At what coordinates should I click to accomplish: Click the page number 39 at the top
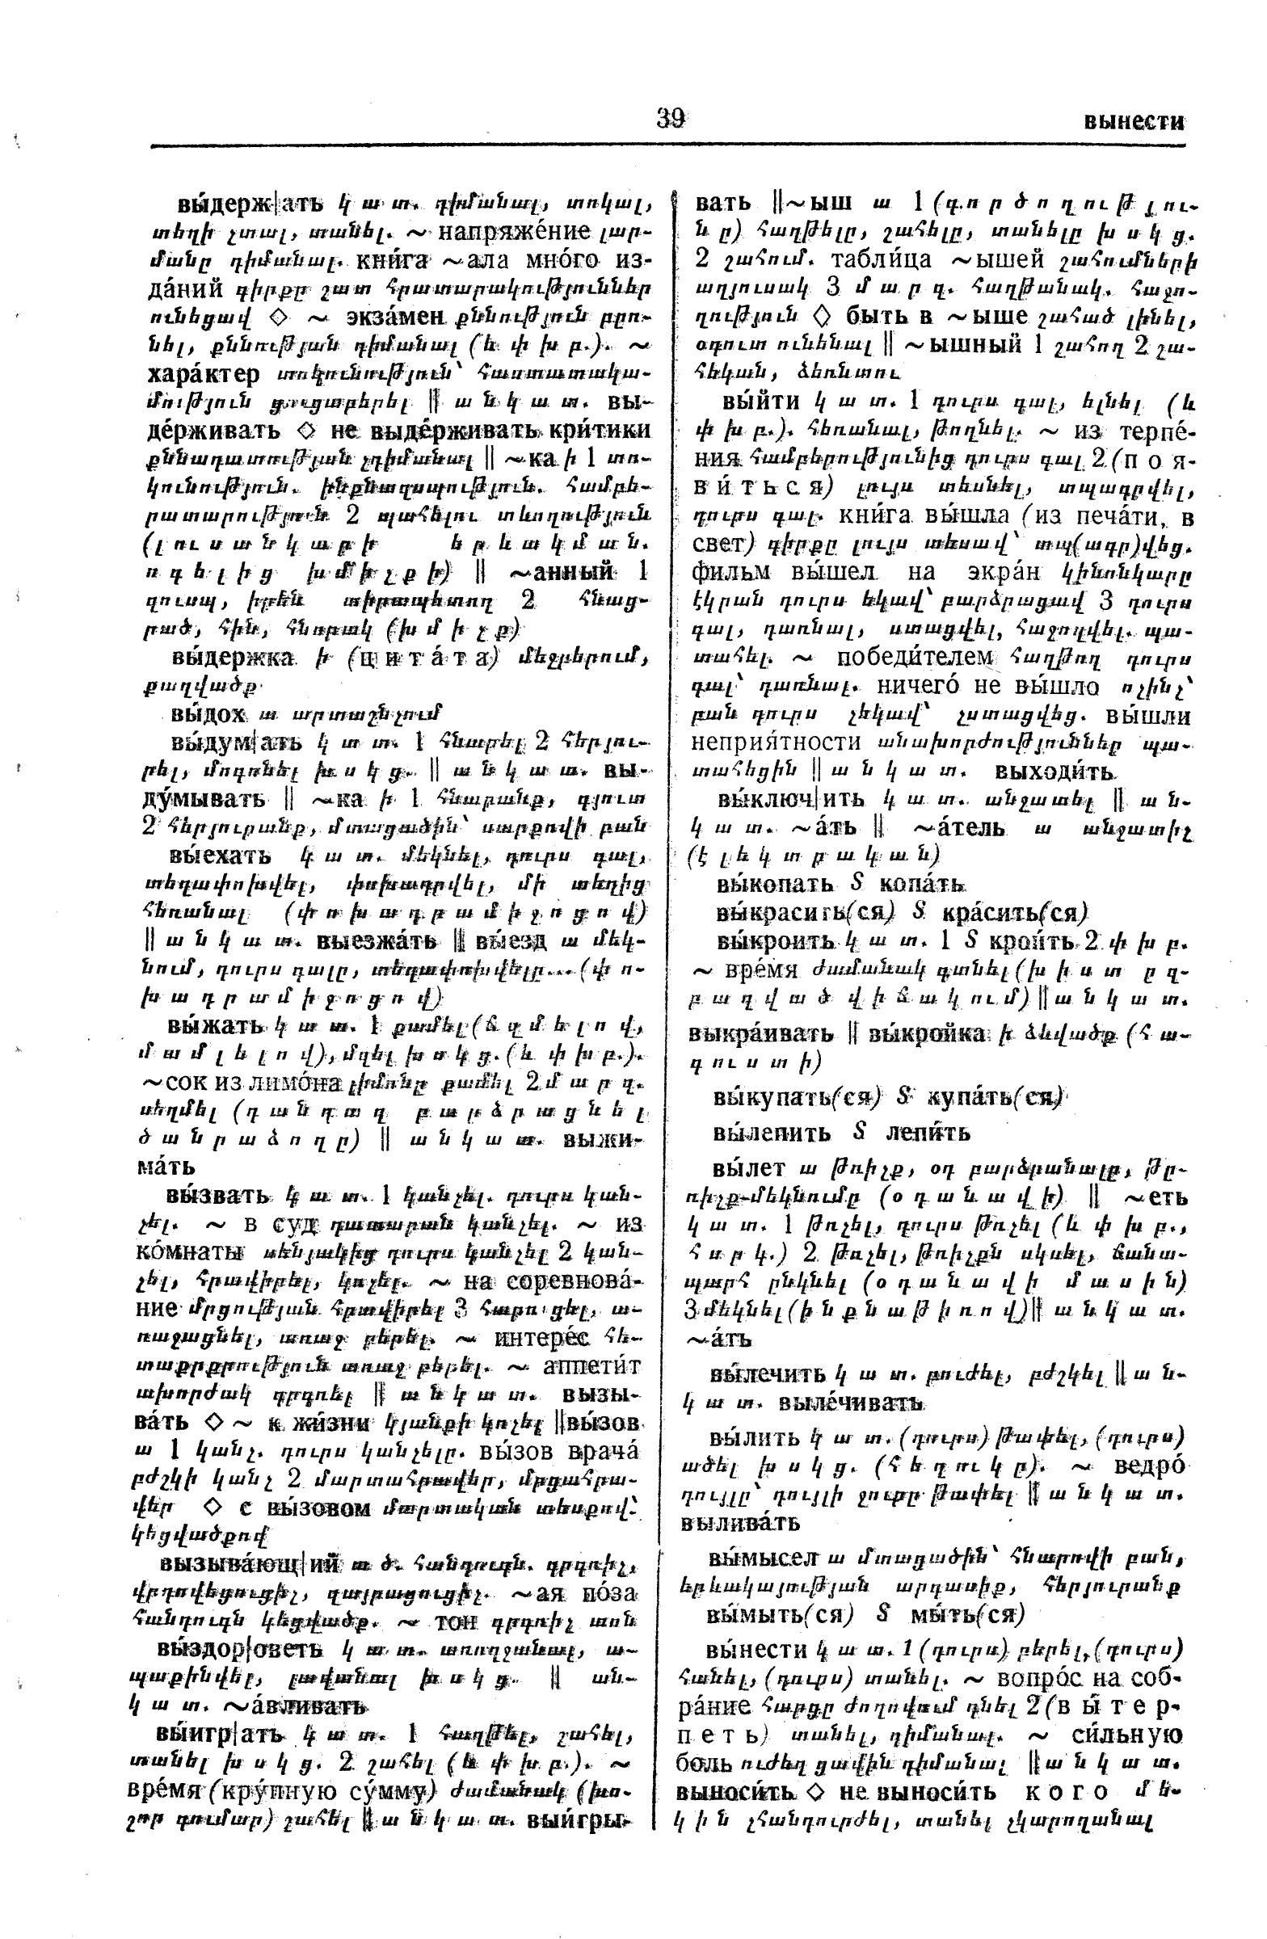[670, 119]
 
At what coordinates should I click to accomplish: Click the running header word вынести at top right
[1134, 122]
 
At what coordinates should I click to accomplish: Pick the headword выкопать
[764, 884]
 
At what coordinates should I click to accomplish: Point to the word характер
[204, 374]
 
